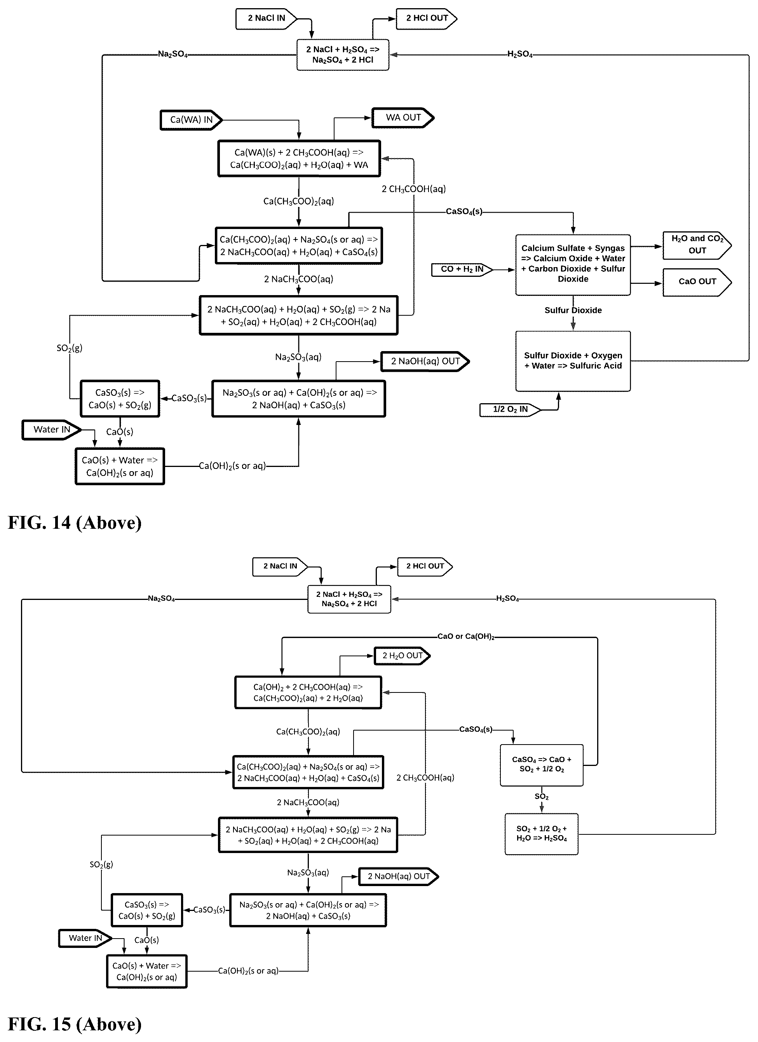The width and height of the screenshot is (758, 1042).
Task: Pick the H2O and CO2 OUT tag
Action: (x=697, y=245)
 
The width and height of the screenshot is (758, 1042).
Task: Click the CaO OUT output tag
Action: (x=697, y=282)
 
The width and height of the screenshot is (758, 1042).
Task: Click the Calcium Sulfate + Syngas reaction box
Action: (x=573, y=265)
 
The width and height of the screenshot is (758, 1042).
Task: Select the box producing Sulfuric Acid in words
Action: (x=573, y=361)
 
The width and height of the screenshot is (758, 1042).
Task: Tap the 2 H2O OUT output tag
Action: (x=402, y=656)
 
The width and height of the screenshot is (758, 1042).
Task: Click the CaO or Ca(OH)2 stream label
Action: (x=466, y=636)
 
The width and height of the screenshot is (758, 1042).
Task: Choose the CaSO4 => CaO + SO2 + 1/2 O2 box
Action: (x=542, y=766)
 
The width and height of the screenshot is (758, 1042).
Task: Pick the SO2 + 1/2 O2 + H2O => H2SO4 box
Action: (x=542, y=834)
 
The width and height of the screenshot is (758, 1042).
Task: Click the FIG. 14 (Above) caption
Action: (x=75, y=523)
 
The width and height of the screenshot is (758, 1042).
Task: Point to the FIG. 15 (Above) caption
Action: (x=75, y=1024)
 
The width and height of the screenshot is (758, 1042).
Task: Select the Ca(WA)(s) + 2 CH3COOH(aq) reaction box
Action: (x=299, y=159)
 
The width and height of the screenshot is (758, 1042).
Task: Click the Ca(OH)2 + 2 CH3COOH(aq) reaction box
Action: (x=308, y=692)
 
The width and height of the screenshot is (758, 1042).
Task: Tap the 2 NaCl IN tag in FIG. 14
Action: (x=266, y=18)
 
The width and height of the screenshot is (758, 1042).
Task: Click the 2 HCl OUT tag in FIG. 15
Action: (x=425, y=566)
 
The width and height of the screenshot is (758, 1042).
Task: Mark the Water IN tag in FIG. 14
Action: (x=51, y=430)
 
